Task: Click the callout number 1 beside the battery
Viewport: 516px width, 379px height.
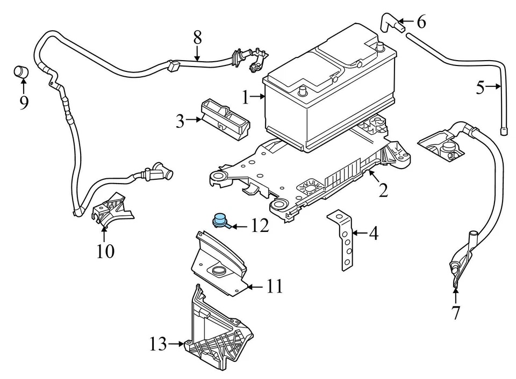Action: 245,98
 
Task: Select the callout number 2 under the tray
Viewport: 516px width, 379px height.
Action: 383,190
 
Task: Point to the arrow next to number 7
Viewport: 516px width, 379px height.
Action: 455,295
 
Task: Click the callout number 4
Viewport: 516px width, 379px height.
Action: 372,234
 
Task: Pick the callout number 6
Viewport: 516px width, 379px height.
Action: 421,22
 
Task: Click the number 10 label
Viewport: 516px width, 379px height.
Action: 105,251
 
